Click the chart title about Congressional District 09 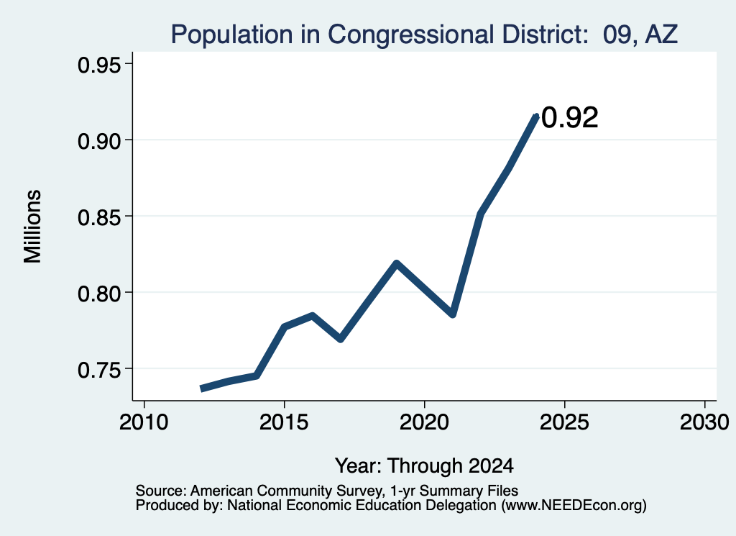tap(424, 35)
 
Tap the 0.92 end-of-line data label tap(570, 117)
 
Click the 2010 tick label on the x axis tap(144, 422)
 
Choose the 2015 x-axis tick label tap(283, 422)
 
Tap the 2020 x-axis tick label tap(424, 422)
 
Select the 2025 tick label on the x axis tap(564, 422)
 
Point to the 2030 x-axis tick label tap(704, 422)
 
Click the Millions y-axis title tap(32, 226)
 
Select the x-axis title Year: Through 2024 tap(424, 465)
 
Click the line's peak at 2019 tap(397, 263)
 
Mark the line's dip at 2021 tap(453, 314)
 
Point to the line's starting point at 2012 tap(201, 389)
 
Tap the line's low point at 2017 tap(341, 339)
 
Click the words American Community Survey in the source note tap(285, 491)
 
